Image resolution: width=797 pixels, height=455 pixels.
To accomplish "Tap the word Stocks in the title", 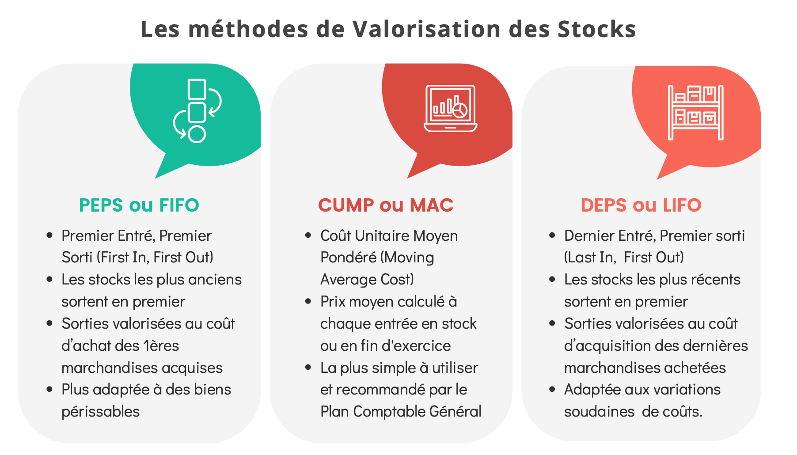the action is pyautogui.click(x=596, y=29).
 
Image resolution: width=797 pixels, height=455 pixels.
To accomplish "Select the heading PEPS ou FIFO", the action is pyautogui.click(x=139, y=205).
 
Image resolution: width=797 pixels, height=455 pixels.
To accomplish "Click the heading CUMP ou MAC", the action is pyautogui.click(x=386, y=205).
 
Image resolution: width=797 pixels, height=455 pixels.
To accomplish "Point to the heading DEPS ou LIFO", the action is pyautogui.click(x=641, y=205).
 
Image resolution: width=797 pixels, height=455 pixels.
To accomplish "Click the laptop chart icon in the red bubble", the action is pyautogui.click(x=451, y=108).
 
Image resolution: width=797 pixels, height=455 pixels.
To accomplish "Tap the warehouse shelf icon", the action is pyautogui.click(x=696, y=112).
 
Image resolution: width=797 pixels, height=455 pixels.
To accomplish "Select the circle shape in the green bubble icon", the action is pyautogui.click(x=197, y=134).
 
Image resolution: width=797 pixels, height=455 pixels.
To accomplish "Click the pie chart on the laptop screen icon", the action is pyautogui.click(x=460, y=110).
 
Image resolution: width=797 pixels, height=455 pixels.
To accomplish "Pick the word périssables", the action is pyautogui.click(x=101, y=412).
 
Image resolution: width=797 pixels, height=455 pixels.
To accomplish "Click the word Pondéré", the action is pyautogui.click(x=348, y=258).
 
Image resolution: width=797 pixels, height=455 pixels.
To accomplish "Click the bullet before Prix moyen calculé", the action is pyautogui.click(x=308, y=302).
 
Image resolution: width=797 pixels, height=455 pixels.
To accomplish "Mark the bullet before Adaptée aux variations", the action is pyautogui.click(x=552, y=390).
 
